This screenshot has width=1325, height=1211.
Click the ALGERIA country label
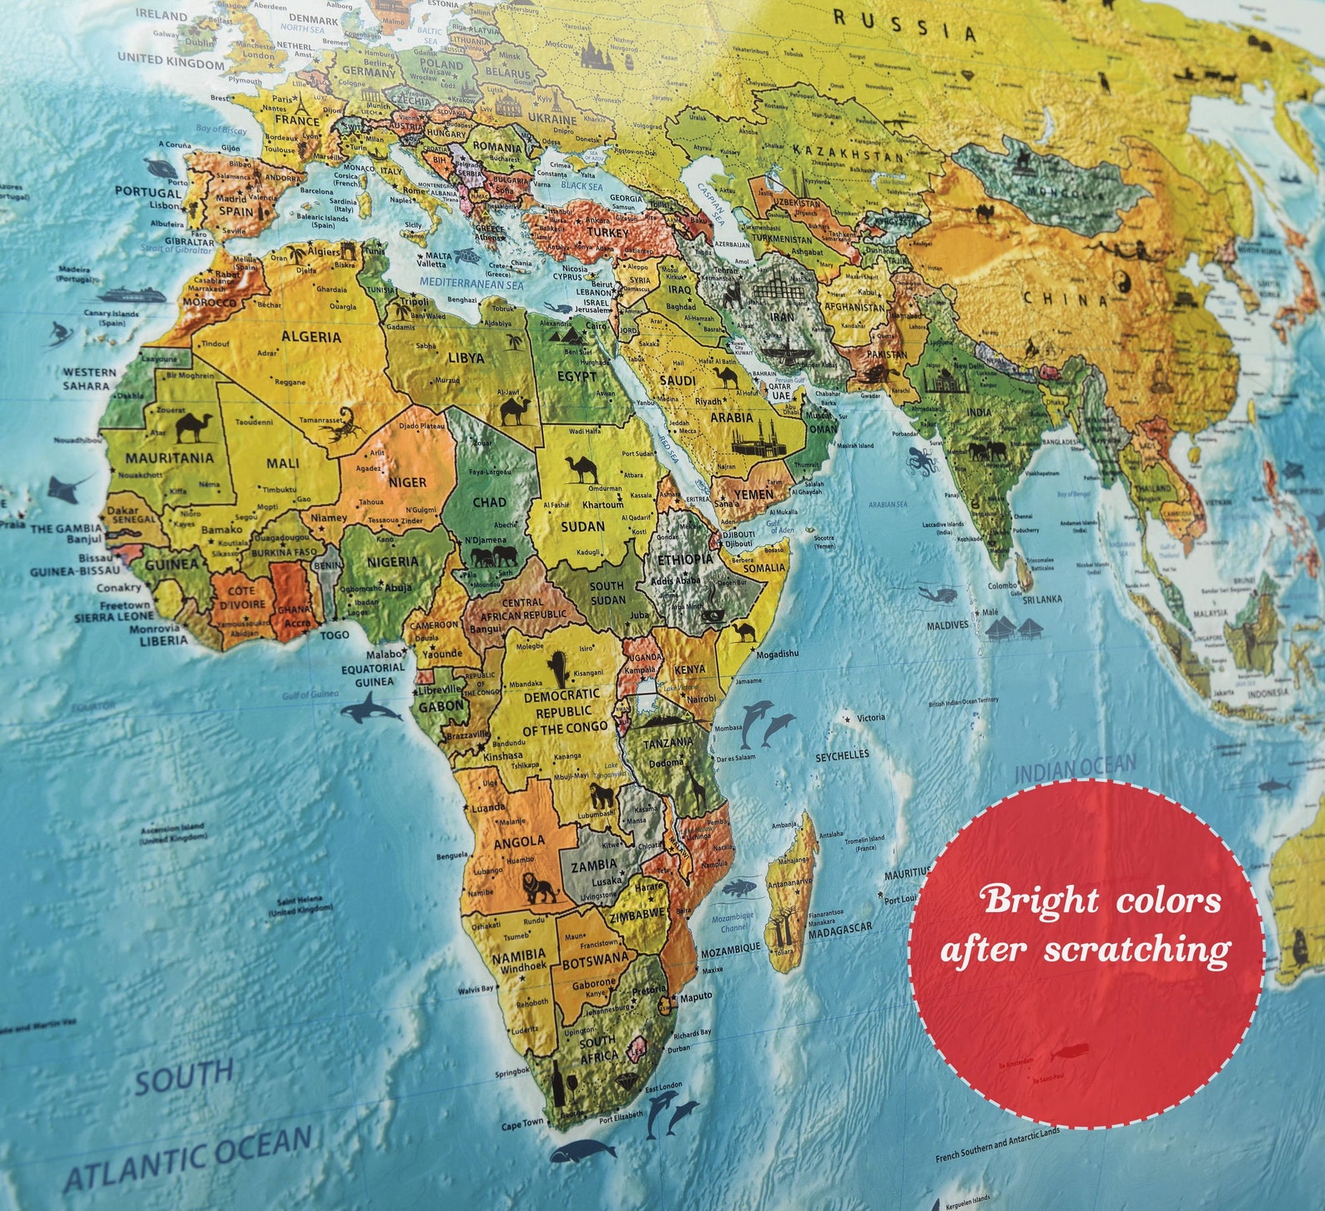(311, 337)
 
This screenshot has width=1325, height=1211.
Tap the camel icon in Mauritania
(194, 426)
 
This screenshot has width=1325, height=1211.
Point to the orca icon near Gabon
(364, 710)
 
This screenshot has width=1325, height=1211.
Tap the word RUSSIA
(904, 26)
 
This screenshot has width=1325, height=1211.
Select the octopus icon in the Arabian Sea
(922, 460)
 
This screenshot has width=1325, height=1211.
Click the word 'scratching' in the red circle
(1136, 951)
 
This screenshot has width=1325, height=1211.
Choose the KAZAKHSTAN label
(848, 152)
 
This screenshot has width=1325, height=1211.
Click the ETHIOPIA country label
(685, 558)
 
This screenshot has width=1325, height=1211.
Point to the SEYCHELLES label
(842, 754)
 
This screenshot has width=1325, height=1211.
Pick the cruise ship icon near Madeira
(131, 295)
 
